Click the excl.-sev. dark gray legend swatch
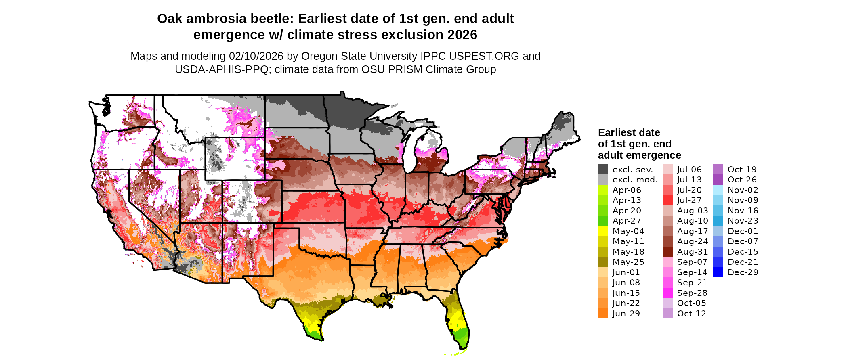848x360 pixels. (x=603, y=170)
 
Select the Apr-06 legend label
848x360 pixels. (x=627, y=190)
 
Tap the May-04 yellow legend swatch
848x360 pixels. (x=603, y=231)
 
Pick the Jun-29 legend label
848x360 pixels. (x=626, y=314)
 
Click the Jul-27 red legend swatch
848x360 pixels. (x=667, y=200)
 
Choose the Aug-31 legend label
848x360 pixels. (x=693, y=252)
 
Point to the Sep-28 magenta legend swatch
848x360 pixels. (x=667, y=293)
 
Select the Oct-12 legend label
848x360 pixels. (x=691, y=314)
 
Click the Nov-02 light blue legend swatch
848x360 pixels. (x=718, y=190)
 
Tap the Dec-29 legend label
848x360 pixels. (x=743, y=272)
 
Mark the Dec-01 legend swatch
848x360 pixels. (x=718, y=231)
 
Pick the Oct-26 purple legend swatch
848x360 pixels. (x=718, y=180)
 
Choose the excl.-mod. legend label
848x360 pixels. (x=635, y=180)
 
